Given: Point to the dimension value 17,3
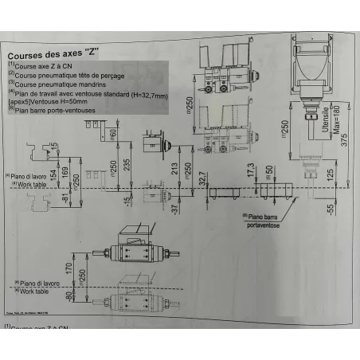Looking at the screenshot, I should click(x=250, y=170).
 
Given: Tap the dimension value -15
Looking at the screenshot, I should click(x=126, y=198).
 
